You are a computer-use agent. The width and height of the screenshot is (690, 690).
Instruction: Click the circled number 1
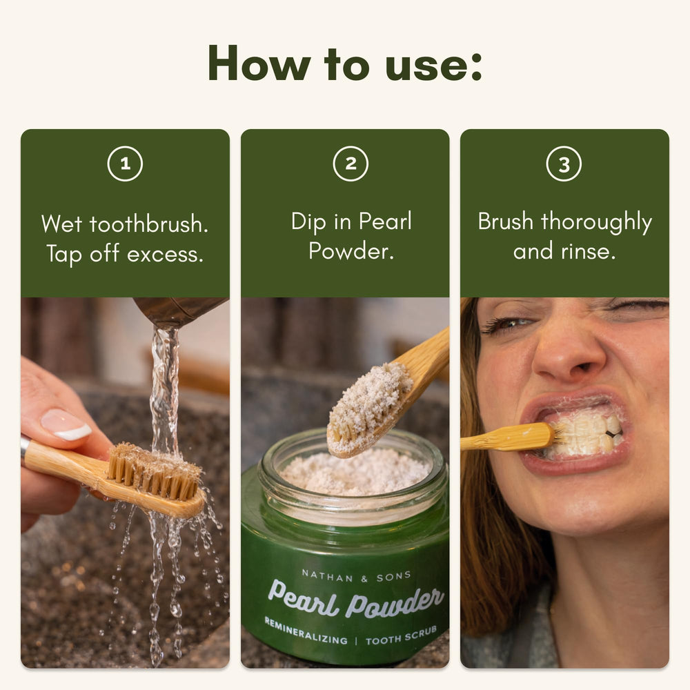pos(125,164)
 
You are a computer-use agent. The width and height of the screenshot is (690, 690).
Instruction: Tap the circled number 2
pos(351,164)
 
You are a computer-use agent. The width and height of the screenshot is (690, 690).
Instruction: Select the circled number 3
pos(564,164)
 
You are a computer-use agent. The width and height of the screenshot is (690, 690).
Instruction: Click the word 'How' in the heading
pos(259,63)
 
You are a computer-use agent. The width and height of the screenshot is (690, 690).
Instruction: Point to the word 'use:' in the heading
pos(433,66)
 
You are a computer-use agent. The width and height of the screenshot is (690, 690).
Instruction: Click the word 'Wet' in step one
pos(61,224)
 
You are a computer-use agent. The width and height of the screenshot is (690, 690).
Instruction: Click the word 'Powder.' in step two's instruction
pos(351,251)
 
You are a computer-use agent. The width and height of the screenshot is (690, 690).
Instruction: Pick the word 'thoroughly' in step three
pos(596,222)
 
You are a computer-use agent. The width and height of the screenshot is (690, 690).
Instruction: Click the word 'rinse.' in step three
pos(588,252)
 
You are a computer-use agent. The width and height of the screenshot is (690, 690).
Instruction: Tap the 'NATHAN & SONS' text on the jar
pos(357,576)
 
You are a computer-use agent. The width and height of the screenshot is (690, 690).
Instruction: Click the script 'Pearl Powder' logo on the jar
pos(355,598)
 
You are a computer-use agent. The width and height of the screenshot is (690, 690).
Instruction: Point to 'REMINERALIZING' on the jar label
pos(306,631)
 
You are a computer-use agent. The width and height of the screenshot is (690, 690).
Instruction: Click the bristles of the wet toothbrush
pos(154,471)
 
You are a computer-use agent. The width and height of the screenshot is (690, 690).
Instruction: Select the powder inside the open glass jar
pos(355,473)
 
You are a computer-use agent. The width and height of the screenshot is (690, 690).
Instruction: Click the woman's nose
pos(570,350)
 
